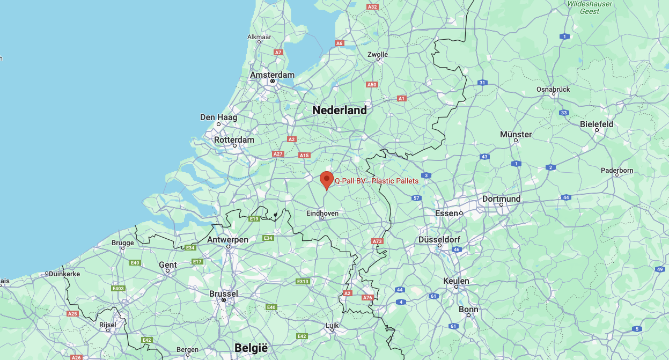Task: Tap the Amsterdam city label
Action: point(273,75)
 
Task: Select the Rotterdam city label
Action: point(234,139)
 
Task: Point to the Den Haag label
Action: point(218,117)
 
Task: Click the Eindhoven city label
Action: point(322,213)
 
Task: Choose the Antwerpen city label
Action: point(227,239)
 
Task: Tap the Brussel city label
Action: point(224,293)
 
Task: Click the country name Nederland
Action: point(340,110)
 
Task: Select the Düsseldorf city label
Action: point(438,239)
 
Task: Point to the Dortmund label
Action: point(501,199)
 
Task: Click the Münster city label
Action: point(516,134)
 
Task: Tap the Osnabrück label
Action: point(553,89)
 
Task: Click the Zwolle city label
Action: point(378,54)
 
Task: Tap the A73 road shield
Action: point(378,241)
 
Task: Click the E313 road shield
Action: point(303,281)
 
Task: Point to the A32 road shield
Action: point(372,6)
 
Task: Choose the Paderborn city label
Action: point(617,171)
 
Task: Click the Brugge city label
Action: point(123,243)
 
